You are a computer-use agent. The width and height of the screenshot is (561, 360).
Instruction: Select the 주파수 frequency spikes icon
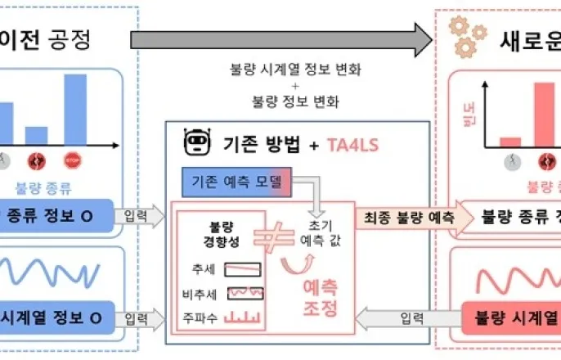coord(242,315)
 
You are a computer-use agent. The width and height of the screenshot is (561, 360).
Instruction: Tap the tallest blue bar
coord(75,109)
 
